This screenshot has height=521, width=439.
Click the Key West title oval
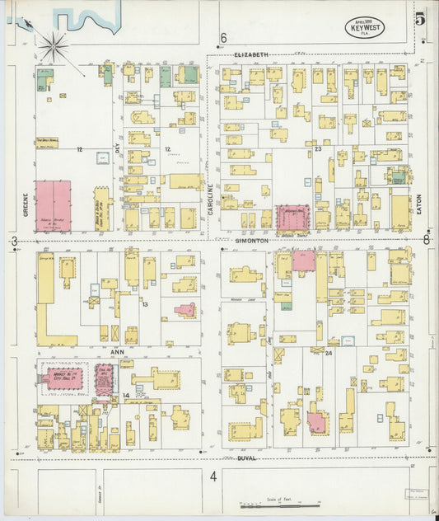[x=363, y=26]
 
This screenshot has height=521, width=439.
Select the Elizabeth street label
[x=251, y=54]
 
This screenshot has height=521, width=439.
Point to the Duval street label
[x=245, y=458]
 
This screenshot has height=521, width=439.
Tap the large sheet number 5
[x=421, y=18]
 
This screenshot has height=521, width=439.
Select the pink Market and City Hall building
[x=63, y=380]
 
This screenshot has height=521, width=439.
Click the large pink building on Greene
[x=53, y=205]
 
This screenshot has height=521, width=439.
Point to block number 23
[x=317, y=149]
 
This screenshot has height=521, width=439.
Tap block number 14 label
[x=126, y=396]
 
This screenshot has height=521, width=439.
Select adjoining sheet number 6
[x=223, y=38]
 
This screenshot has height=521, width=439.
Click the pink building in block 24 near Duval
[x=316, y=422]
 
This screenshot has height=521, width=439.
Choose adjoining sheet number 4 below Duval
[x=212, y=476]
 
